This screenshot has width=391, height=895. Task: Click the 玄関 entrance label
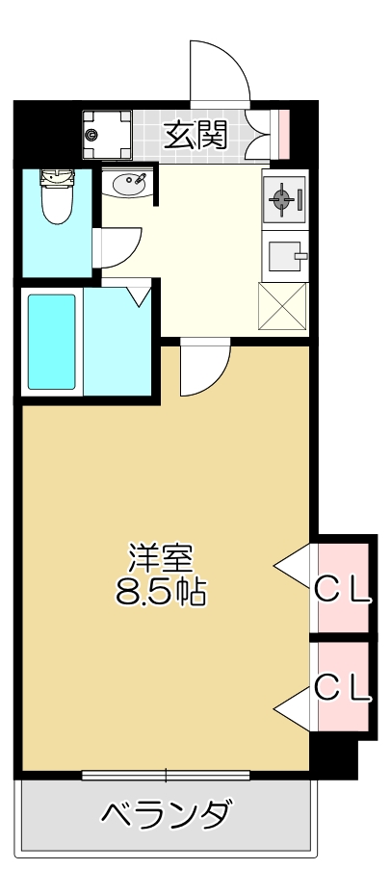[195, 136]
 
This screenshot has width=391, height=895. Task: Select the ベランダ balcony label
[166, 815]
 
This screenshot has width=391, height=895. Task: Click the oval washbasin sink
[129, 182]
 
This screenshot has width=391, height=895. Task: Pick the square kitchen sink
[284, 257]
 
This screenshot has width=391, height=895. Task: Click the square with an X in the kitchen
[283, 307]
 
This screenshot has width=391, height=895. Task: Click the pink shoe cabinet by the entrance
[283, 135]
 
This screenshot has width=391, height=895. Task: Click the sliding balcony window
[166, 775]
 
